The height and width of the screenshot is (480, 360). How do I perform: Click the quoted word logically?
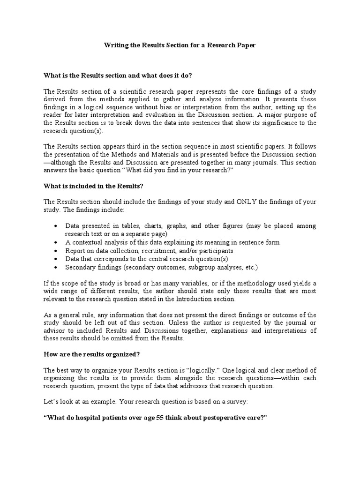(x=200, y=370)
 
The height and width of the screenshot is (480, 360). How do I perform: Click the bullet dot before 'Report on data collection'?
(x=56, y=251)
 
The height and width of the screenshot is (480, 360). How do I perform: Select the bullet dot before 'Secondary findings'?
(x=56, y=267)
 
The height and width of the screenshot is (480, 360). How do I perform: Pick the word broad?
(x=124, y=283)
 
